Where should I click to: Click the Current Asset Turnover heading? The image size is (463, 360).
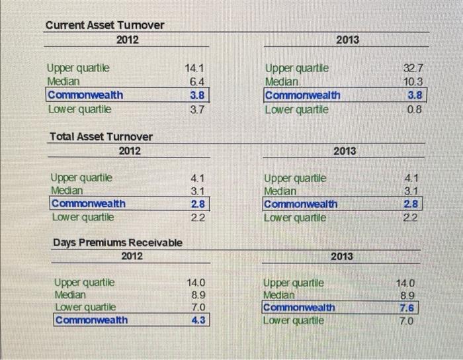pyautogui.click(x=105, y=25)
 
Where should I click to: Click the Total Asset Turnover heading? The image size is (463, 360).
pyautogui.click(x=101, y=136)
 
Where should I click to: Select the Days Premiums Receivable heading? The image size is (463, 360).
pyautogui.click(x=118, y=242)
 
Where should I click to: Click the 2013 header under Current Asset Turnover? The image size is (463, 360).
pyautogui.click(x=347, y=40)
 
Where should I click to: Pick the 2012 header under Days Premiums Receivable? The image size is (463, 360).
pyautogui.click(x=133, y=255)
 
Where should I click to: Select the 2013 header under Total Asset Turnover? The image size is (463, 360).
pyautogui.click(x=345, y=151)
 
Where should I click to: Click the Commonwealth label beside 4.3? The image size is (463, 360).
pyautogui.click(x=91, y=320)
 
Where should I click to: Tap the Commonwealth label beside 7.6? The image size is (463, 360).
pyautogui.click(x=300, y=307)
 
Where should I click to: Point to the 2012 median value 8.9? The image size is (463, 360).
pyautogui.click(x=198, y=294)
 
